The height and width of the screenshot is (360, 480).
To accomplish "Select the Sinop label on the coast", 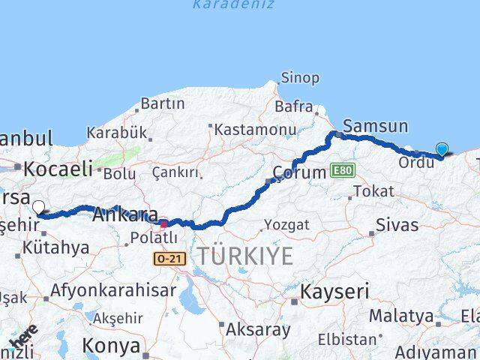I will click(x=299, y=77).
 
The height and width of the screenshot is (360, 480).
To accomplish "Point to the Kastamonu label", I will click(x=255, y=130).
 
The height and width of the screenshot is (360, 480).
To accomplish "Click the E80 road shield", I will click(x=341, y=170).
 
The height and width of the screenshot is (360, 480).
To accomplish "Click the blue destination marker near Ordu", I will click(x=442, y=150).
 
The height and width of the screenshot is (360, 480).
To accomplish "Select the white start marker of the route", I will click(x=38, y=207).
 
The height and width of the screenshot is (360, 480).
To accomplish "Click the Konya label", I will click(x=111, y=346).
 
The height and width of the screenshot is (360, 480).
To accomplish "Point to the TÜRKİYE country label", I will click(x=244, y=256).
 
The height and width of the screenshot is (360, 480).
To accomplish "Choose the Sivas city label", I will click(x=397, y=224).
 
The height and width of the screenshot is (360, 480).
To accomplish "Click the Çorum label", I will click(x=299, y=172).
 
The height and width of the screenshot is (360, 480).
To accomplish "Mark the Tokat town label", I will click(x=373, y=191).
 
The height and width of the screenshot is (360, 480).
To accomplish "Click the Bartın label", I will click(x=162, y=103).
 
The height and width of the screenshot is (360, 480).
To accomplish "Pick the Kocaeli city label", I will click(x=57, y=169).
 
